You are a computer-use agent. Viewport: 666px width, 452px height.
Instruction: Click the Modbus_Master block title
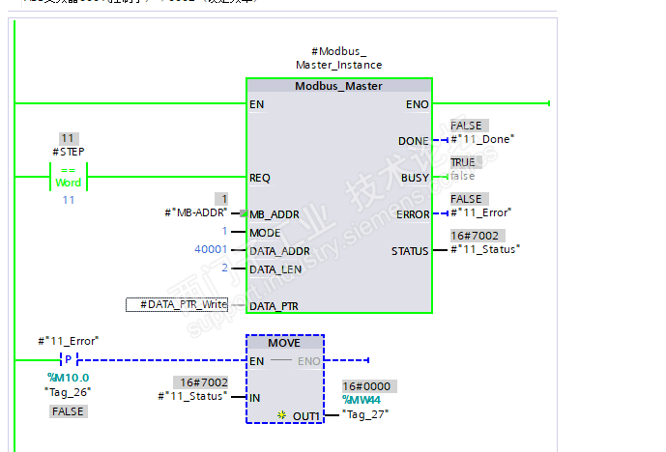(x=338, y=86)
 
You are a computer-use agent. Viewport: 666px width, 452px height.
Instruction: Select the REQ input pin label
(x=260, y=178)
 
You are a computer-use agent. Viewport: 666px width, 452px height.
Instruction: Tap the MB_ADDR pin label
(x=274, y=214)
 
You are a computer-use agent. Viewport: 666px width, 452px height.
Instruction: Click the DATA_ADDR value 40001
(x=212, y=250)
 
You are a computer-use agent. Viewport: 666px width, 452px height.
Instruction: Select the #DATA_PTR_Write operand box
(x=177, y=305)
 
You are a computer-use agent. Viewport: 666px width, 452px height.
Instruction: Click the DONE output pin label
(x=413, y=141)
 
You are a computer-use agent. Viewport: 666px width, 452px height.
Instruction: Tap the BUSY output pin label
(x=414, y=178)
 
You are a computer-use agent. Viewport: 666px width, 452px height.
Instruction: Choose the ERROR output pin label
(x=412, y=214)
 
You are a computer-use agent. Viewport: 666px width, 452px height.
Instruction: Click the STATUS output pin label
(x=410, y=251)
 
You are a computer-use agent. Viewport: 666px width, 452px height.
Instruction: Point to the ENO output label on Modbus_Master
(x=418, y=104)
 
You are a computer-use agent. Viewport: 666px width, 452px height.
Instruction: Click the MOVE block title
(x=284, y=343)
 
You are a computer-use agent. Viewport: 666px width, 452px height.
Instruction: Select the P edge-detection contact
(x=68, y=360)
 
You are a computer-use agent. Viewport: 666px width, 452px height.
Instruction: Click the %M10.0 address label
(x=68, y=377)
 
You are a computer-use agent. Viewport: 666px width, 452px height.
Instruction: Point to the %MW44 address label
(x=362, y=400)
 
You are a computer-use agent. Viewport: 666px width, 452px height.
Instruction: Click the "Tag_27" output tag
(x=366, y=413)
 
